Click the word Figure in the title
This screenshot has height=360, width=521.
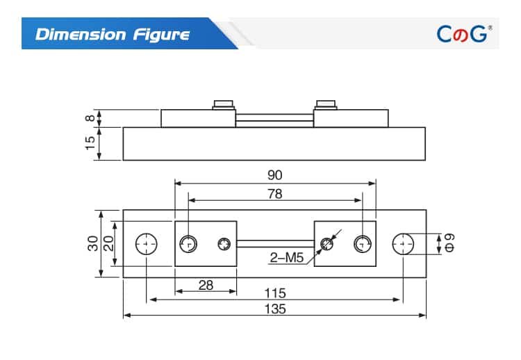160,34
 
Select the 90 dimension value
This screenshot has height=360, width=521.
275,175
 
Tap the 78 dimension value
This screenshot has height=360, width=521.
275,194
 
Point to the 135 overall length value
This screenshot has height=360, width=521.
275,309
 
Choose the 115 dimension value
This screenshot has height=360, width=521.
275,293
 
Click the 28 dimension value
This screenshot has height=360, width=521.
206,285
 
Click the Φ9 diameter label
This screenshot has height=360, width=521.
449,244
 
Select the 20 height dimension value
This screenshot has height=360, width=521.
108,244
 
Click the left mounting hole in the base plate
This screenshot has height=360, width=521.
147,244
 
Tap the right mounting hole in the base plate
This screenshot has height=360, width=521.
403,244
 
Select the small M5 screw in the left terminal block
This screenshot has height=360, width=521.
224,244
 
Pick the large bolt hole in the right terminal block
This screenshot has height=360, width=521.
362,244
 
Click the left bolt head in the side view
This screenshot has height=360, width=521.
224,106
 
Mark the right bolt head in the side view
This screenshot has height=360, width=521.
326,106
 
